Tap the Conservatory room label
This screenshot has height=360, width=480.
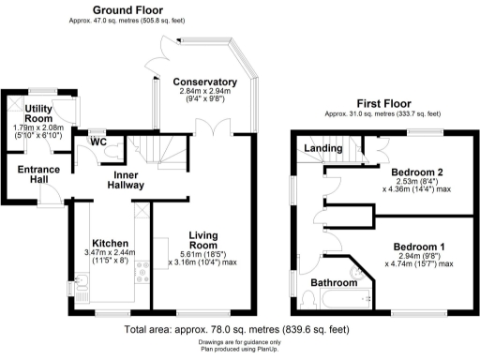205,82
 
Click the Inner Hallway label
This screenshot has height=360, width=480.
128,181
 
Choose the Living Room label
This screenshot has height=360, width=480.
202,241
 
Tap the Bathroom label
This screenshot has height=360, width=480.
335,282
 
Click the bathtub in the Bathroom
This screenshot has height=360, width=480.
344,301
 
